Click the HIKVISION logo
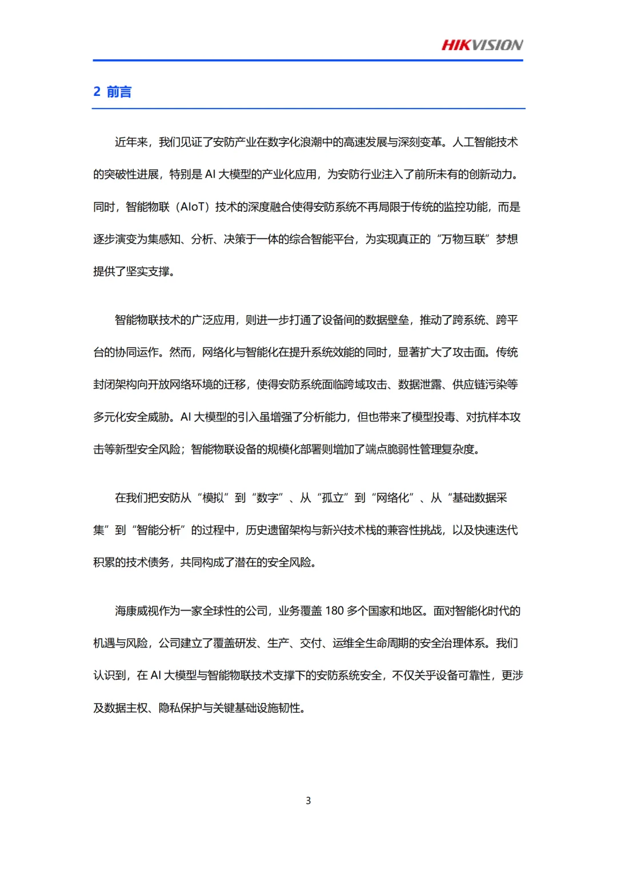tap(482, 45)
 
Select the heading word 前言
tap(119, 92)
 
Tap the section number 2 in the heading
tap(97, 92)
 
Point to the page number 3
tap(308, 801)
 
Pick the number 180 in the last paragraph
tap(334, 611)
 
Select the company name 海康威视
tap(137, 611)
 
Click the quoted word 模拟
tap(213, 498)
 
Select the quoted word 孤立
tap(332, 498)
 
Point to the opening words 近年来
tap(131, 142)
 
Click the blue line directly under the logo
tap(308, 60)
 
